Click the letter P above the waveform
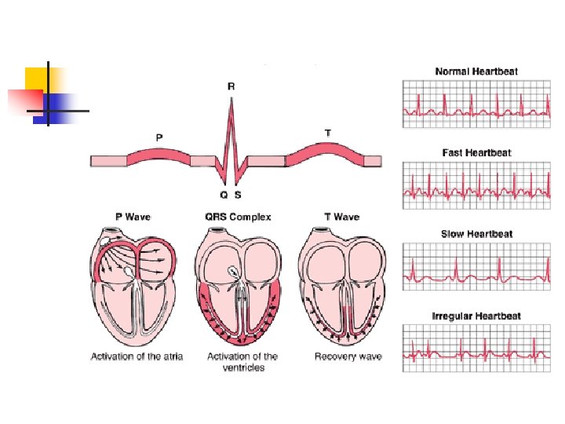[159, 137]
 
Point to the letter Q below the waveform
[224, 193]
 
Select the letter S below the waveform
[239, 193]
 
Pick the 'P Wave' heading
[133, 217]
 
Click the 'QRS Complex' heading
[238, 217]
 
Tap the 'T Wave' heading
[341, 217]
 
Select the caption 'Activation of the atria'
[137, 356]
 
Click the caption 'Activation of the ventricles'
[242, 362]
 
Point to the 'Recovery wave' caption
[348, 356]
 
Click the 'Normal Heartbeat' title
[476, 71]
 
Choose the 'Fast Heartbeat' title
[476, 152]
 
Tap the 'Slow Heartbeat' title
[476, 234]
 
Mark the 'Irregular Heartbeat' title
[476, 316]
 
